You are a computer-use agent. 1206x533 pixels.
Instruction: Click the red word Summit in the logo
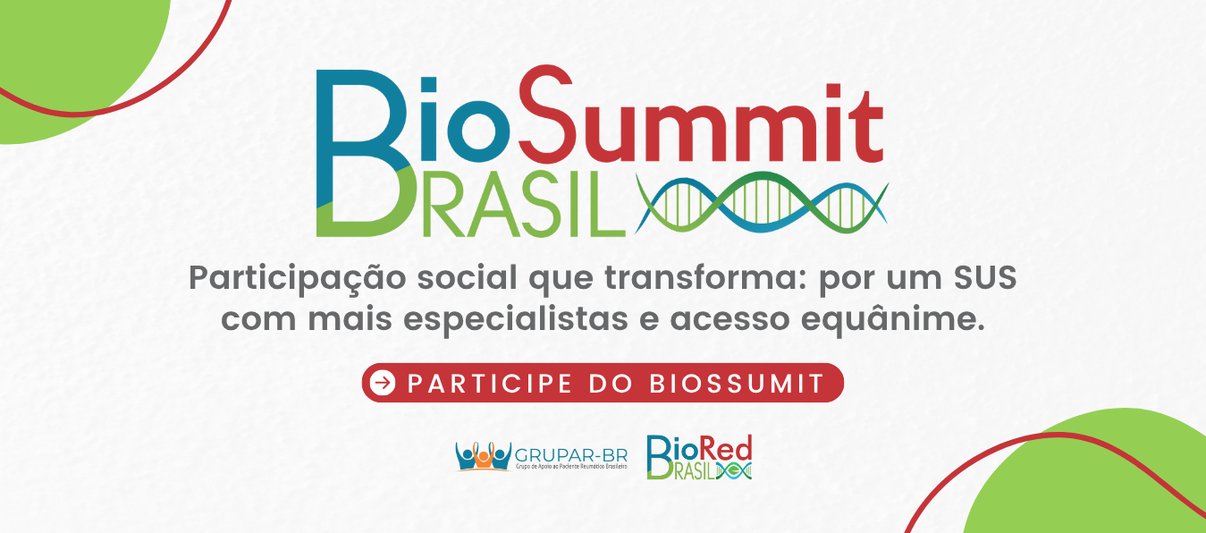pos(701,114)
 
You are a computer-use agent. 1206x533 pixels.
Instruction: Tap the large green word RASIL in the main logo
pos(524,205)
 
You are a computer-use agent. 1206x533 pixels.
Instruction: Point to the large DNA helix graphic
pos(762,202)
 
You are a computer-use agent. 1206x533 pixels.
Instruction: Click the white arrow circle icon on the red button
pos(384,383)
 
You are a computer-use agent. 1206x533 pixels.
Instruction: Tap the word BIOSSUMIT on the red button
pos(737,384)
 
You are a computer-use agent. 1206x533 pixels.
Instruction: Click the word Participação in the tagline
pos(297,279)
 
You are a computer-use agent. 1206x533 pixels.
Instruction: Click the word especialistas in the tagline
pos(516,320)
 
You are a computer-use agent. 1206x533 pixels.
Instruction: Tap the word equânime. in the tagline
pos(893,320)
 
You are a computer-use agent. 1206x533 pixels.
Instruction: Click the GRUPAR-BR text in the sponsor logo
pos(571,455)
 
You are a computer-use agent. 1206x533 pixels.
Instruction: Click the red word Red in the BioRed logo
pos(731,450)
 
